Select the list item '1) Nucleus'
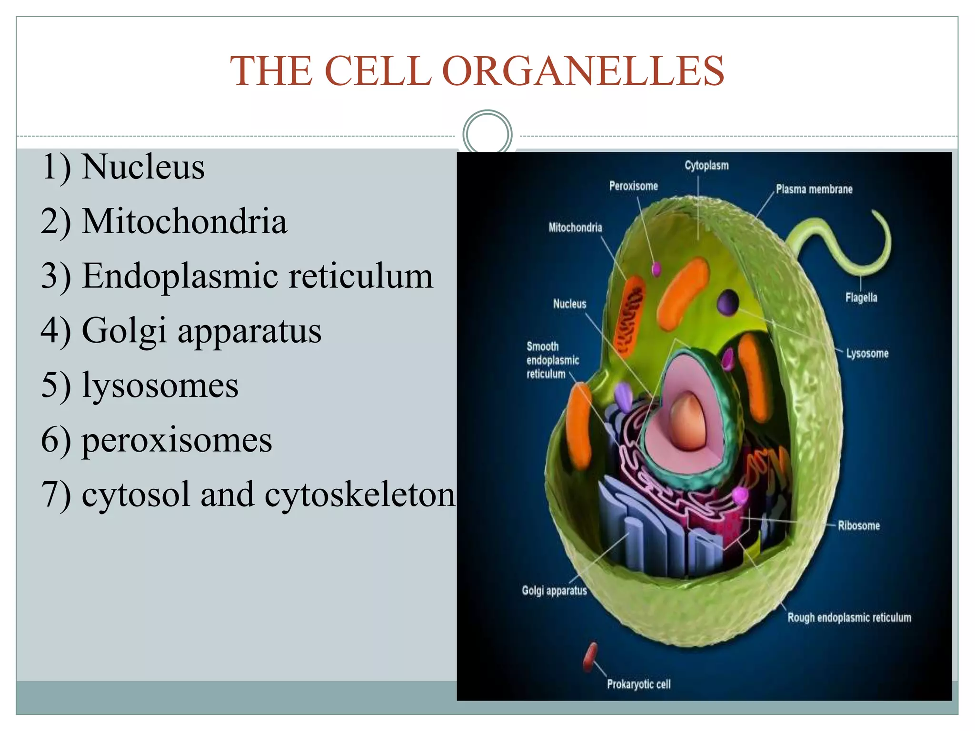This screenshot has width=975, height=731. [123, 168]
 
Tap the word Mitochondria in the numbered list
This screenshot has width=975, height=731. [184, 222]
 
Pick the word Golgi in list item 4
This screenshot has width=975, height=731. [124, 331]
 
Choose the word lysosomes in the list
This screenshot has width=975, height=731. [160, 385]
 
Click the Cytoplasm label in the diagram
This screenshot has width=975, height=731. [706, 166]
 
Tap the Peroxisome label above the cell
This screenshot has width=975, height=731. [633, 186]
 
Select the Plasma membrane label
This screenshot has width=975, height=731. [814, 189]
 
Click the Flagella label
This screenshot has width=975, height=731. [861, 298]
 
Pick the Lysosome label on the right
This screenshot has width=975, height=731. [867, 354]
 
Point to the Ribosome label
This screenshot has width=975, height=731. [858, 526]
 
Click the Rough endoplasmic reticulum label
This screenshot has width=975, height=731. [849, 618]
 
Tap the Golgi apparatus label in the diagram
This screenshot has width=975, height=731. [554, 591]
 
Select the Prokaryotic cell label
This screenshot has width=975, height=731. [638, 684]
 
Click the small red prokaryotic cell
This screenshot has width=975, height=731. [590, 657]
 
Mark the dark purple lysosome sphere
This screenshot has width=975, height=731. [728, 302]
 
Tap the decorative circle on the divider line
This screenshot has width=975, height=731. [487, 134]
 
